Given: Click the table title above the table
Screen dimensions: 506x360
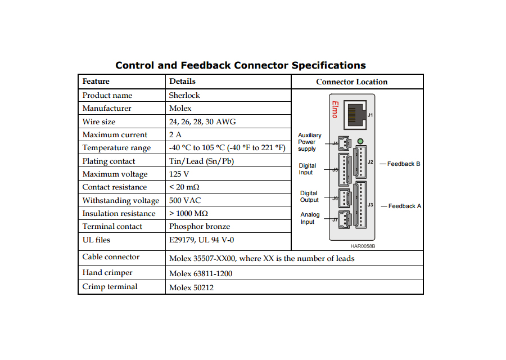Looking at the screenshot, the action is point(241,65).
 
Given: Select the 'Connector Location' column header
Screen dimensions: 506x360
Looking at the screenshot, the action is point(352,82).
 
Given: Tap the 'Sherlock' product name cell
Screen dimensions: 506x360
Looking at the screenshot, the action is point(184,95).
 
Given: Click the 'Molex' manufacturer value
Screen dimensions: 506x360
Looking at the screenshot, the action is point(180,108).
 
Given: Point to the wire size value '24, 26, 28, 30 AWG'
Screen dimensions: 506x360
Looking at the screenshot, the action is point(202,121).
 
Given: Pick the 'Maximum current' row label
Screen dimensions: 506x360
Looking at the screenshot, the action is point(115,134).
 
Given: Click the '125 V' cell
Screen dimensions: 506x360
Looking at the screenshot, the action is point(179,174).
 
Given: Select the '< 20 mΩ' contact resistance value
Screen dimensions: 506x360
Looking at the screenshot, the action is point(184,187).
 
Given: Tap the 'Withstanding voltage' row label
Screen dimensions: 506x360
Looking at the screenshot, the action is point(121,200).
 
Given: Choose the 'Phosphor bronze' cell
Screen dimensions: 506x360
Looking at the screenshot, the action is point(200,226).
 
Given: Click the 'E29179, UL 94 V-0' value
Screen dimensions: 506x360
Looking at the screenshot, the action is point(201,240).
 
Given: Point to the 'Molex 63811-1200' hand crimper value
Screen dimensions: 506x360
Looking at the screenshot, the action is point(200,273).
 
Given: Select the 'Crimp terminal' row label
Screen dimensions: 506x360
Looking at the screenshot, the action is point(110,287).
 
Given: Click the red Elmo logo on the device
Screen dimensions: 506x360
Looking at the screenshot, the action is point(335,110).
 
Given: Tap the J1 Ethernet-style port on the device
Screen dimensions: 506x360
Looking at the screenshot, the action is point(355,115).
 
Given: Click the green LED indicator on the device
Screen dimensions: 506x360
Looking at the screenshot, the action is point(360,141).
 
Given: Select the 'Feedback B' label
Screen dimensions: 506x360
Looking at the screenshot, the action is point(403,164).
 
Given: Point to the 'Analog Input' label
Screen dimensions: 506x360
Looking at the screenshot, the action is point(310,218).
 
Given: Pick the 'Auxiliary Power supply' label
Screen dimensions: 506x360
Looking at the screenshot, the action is point(309,142).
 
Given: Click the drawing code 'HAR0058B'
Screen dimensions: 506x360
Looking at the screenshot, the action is point(363,246).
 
